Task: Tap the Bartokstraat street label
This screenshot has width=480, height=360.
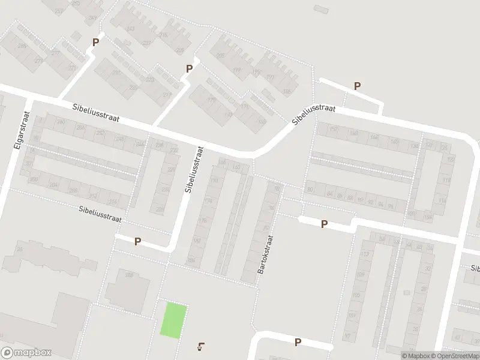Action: [265, 254]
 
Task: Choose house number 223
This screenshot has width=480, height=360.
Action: [149, 79]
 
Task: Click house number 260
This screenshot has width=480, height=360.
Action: [61, 122]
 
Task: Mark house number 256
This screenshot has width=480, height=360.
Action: [80, 127]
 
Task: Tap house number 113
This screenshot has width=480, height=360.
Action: [364, 254]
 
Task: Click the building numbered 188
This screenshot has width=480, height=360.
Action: [128, 275]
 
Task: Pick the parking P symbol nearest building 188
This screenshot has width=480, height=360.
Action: [137, 242]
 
